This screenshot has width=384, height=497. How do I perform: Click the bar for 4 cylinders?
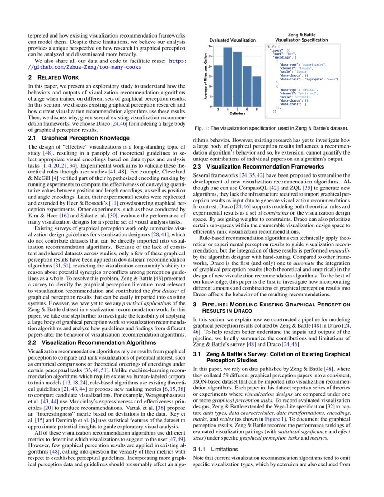(228, 77)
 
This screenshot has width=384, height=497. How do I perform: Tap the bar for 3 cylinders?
(218, 85)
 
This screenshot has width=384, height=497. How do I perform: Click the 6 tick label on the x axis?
(247, 110)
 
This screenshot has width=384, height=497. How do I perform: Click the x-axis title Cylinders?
(237, 114)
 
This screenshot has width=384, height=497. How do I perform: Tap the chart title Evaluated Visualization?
(232, 40)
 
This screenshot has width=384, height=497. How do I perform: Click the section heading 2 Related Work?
(53, 77)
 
